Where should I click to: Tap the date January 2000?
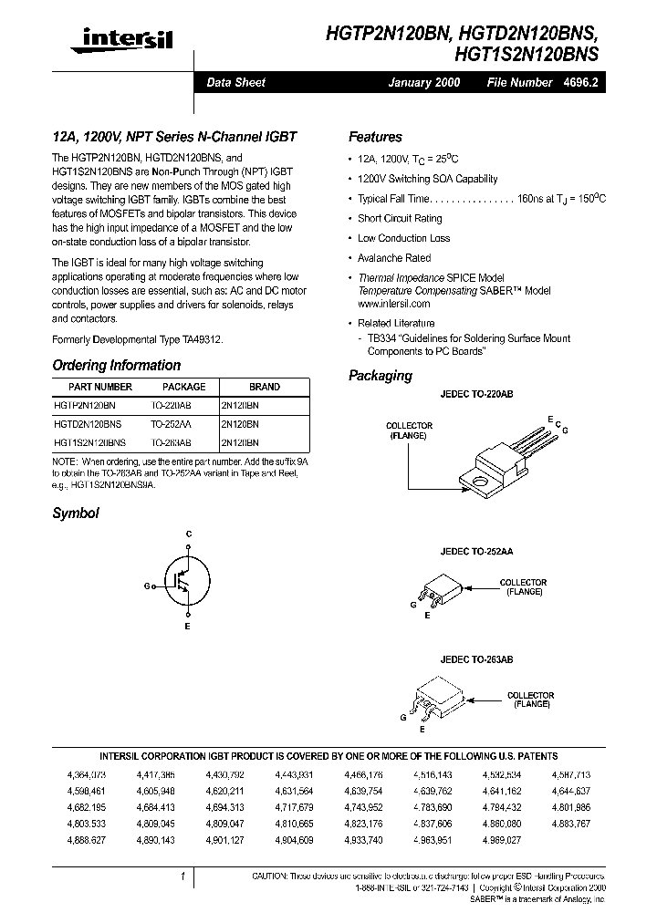tap(424, 82)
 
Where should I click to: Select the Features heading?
tap(375, 137)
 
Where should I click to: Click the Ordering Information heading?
tap(116, 365)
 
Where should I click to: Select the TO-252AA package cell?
tap(171, 424)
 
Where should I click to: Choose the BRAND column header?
tap(265, 387)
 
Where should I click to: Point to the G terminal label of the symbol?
tap(147, 586)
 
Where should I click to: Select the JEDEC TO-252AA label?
tap(476, 552)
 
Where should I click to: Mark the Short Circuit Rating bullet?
tap(400, 218)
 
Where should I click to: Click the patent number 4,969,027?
tap(501, 838)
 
